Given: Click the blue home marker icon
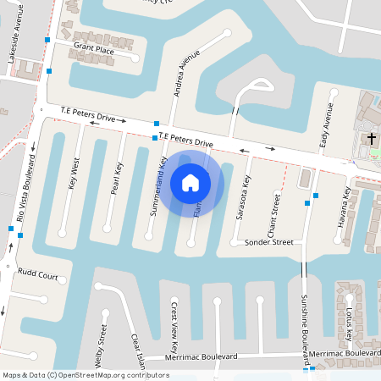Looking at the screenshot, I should pyautogui.click(x=190, y=182).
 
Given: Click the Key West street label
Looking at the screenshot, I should pyautogui.click(x=74, y=172).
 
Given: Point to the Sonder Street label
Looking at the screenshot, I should pyautogui.click(x=268, y=242).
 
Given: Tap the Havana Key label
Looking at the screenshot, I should pyautogui.click(x=346, y=204).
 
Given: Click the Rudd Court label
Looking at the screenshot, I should pyautogui.click(x=37, y=275).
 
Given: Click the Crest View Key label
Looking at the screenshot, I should pyautogui.click(x=174, y=326).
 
